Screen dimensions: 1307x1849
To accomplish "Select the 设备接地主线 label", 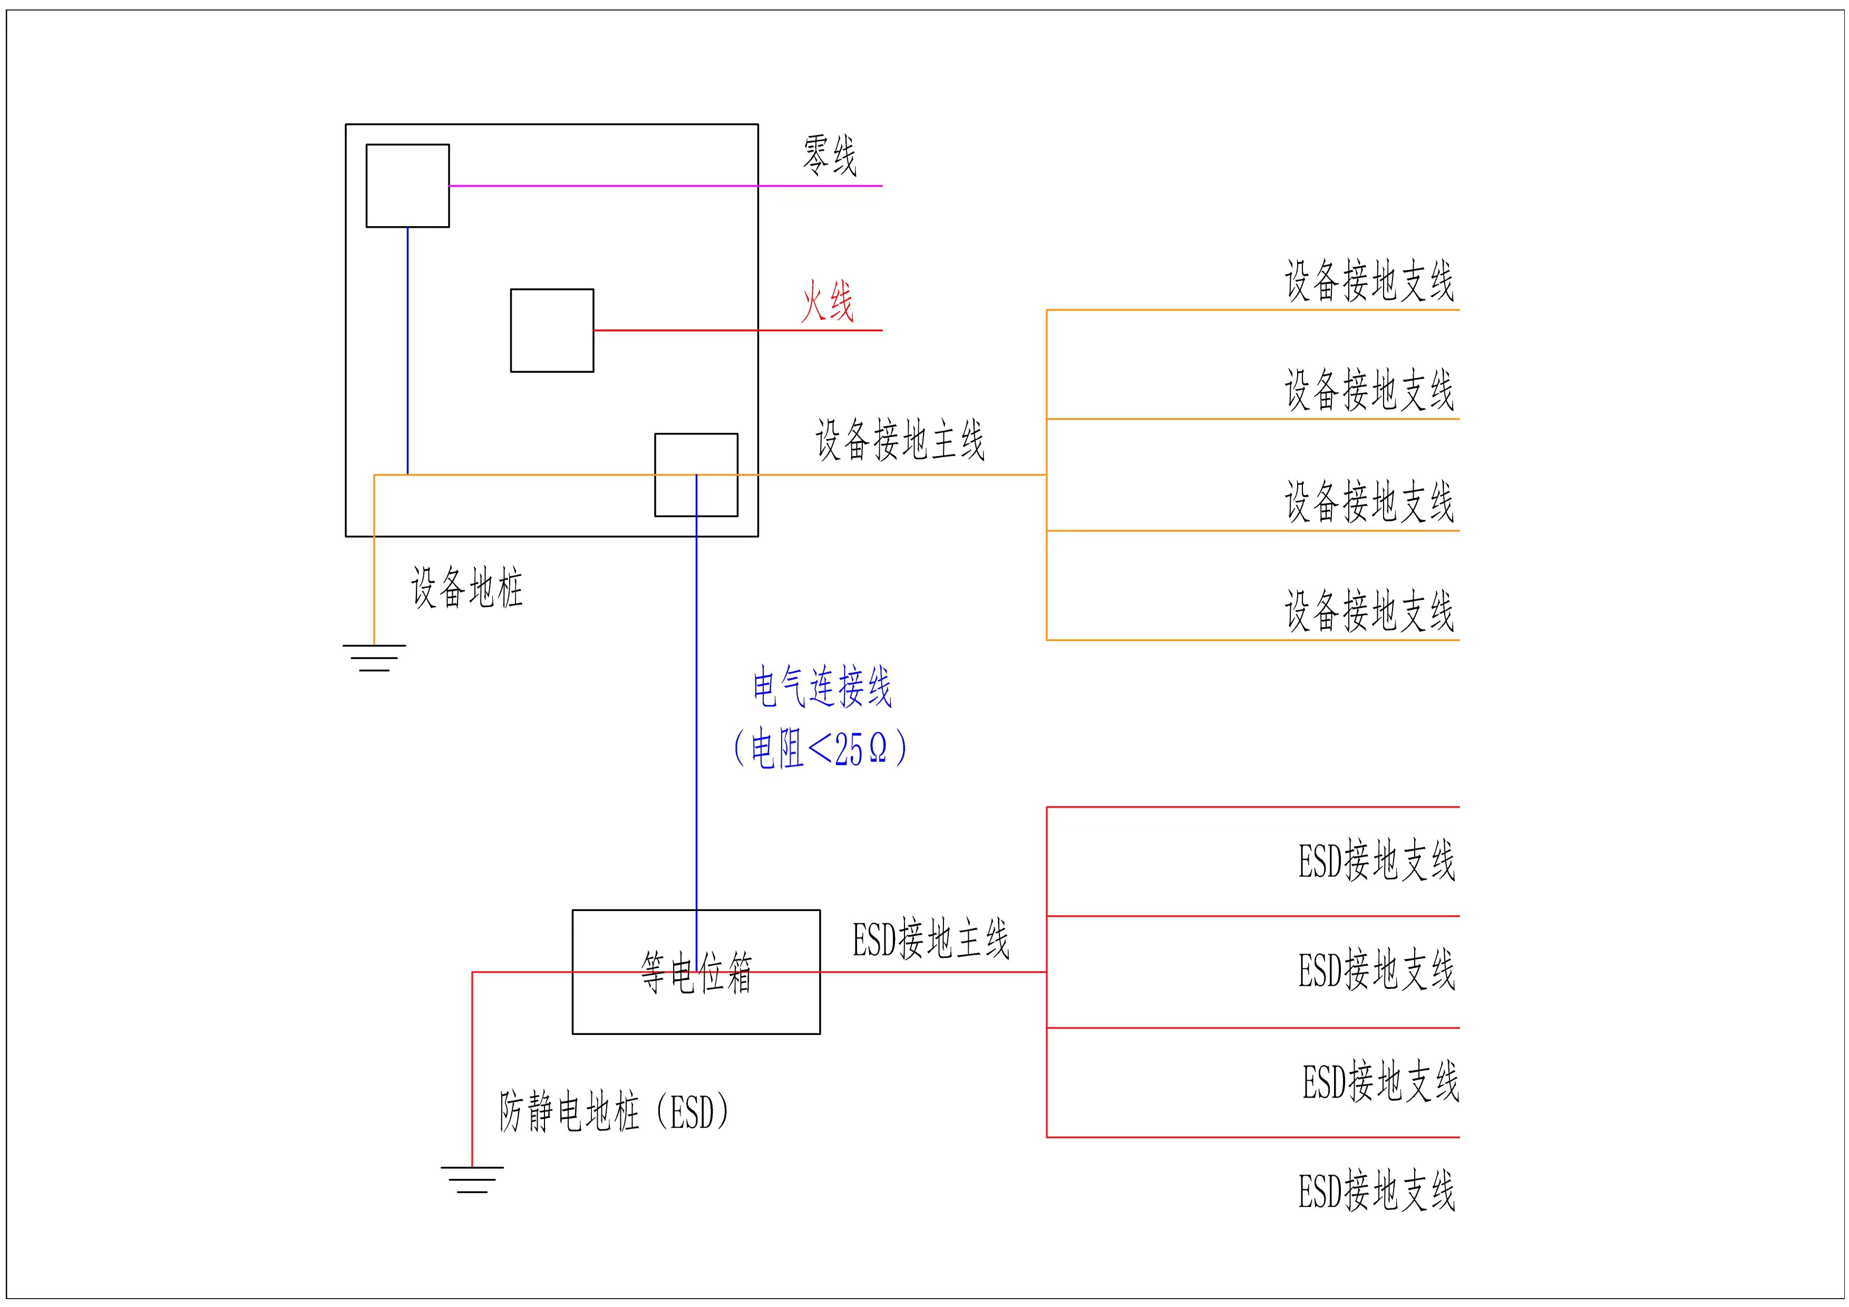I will [x=900, y=440].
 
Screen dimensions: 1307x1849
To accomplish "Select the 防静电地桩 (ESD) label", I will [x=615, y=1112].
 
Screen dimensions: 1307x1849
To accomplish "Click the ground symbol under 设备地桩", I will [x=374, y=657].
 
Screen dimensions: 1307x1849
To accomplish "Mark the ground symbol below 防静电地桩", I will [x=472, y=1179].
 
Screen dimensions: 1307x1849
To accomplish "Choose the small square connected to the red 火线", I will [x=552, y=330].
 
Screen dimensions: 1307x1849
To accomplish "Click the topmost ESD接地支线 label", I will [x=1376, y=861].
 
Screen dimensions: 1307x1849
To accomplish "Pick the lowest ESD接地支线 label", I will [x=1376, y=1192].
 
